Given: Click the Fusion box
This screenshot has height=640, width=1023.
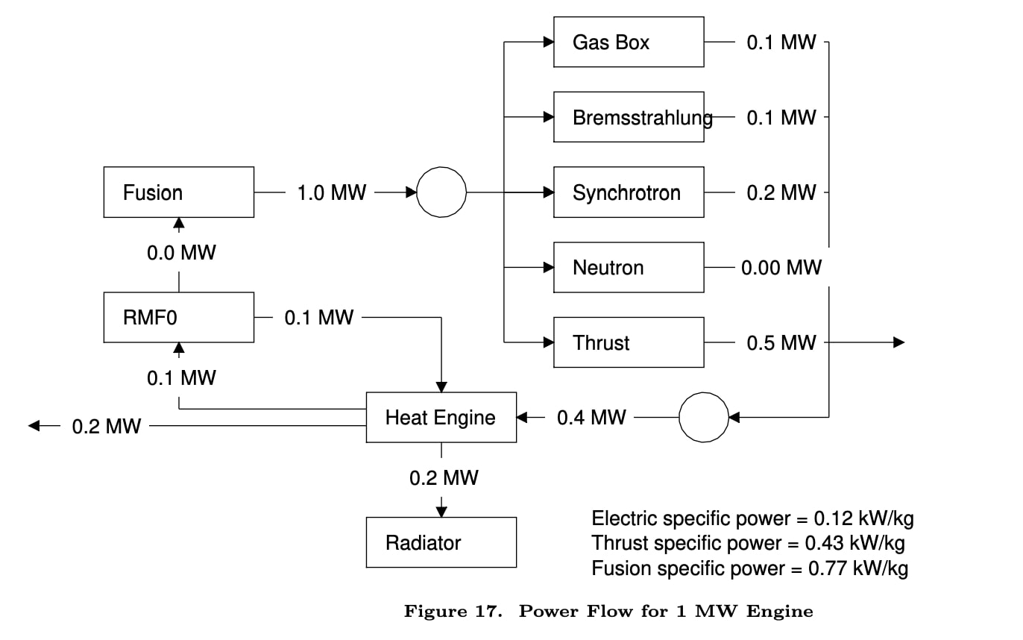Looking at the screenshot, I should tap(178, 192).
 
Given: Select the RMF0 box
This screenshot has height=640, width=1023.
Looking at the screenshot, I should tap(178, 318).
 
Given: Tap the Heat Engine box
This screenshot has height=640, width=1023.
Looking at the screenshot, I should tap(441, 418).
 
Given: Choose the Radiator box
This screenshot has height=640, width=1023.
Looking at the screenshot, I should tap(441, 542).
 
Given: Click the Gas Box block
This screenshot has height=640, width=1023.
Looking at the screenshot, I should tap(628, 43).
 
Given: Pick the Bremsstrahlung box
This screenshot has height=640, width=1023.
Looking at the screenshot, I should tap(628, 117).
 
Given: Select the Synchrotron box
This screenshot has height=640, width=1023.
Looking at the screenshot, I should tap(628, 192).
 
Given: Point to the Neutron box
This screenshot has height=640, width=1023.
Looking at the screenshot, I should tap(628, 268).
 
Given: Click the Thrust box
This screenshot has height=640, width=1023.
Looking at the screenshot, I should tap(628, 342).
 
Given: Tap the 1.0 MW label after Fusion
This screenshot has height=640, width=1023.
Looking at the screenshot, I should tap(332, 192).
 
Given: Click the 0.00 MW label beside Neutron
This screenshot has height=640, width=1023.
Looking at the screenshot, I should tap(781, 268).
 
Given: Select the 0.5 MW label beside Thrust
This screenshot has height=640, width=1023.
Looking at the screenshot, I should tap(781, 342).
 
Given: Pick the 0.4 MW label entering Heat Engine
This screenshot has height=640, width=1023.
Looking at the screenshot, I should tap(591, 418).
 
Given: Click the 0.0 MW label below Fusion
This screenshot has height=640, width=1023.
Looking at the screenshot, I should tap(181, 253).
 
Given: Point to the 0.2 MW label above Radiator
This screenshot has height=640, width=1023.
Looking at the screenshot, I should tap(444, 478).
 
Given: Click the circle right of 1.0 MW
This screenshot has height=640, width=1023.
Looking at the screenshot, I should tap(441, 192).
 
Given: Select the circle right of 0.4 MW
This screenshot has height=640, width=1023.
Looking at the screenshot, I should tap(703, 418).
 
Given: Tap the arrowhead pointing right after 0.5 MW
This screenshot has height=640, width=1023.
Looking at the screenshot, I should tap(899, 342).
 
